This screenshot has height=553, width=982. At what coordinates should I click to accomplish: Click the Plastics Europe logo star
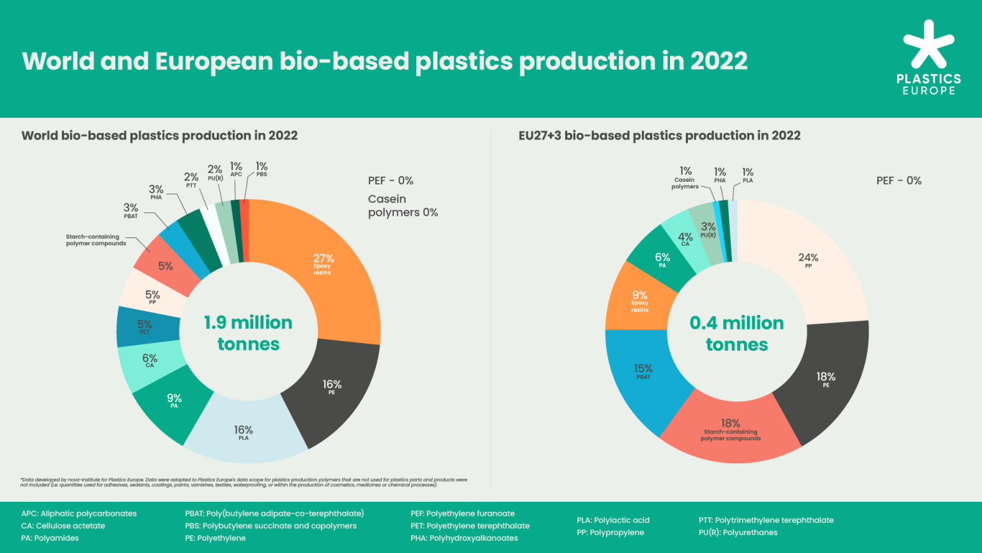coord(928,45)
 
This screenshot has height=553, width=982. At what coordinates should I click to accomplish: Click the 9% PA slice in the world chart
coord(174,401)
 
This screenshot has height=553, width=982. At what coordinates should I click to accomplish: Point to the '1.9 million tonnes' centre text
coord(248,333)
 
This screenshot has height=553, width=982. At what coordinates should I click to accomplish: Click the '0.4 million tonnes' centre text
coord(736,333)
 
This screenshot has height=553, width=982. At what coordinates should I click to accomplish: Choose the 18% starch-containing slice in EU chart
coord(730,429)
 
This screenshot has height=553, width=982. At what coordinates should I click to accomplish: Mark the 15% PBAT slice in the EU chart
coord(643,372)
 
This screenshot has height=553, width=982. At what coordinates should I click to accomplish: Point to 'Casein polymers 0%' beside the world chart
coord(403,206)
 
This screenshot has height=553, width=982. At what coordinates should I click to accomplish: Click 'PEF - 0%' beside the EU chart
coord(899,180)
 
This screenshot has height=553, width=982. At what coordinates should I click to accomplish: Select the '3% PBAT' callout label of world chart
coord(131,211)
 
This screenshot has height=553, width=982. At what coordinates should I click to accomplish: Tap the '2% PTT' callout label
coord(191,179)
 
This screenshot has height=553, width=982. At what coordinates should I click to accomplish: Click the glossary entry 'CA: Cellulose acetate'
coord(63,526)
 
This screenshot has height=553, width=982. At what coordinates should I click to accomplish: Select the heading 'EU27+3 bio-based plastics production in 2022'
coord(659,136)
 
